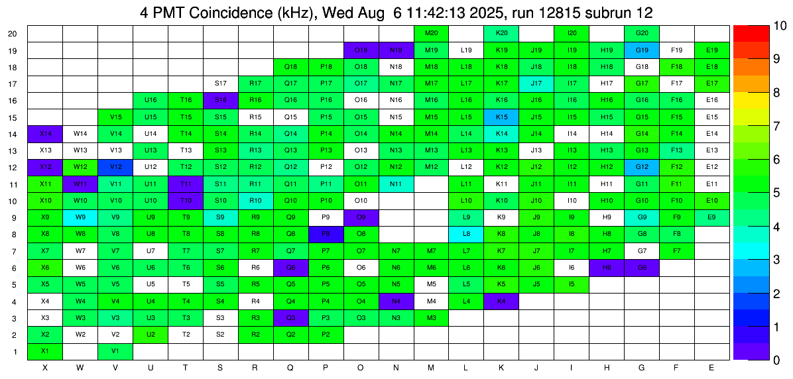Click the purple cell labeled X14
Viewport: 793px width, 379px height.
pos(45,133)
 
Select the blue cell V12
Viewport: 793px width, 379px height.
pos(115,166)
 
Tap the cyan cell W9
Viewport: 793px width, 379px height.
pos(80,217)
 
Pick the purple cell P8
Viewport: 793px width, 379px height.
pos(326,233)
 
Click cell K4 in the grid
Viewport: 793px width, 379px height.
pos(502,300)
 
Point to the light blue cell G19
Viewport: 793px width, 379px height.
pos(642,50)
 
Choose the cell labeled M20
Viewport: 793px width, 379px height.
pos(431,33)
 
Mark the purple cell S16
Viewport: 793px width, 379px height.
pos(221,100)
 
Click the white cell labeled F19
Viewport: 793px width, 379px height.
pos(677,50)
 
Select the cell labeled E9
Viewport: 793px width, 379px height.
pos(712,217)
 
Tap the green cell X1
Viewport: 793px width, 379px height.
pos(45,351)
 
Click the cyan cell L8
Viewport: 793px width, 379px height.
pos(467,233)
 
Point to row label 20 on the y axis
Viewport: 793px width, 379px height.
pos(13,33)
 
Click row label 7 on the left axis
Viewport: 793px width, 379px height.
pos(16,250)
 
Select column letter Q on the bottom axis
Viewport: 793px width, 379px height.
pos(290,367)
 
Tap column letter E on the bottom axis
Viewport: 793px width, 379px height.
pos(712,367)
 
